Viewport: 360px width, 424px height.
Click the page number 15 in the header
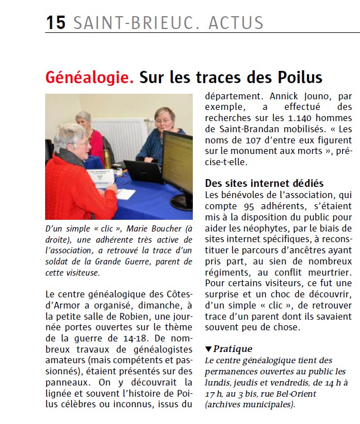(x=56, y=23)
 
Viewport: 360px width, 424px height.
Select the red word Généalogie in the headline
(x=90, y=77)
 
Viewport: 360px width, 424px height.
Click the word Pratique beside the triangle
(x=233, y=349)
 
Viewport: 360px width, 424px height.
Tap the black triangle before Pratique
(x=208, y=349)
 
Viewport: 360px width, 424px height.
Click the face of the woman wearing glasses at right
(x=166, y=120)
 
